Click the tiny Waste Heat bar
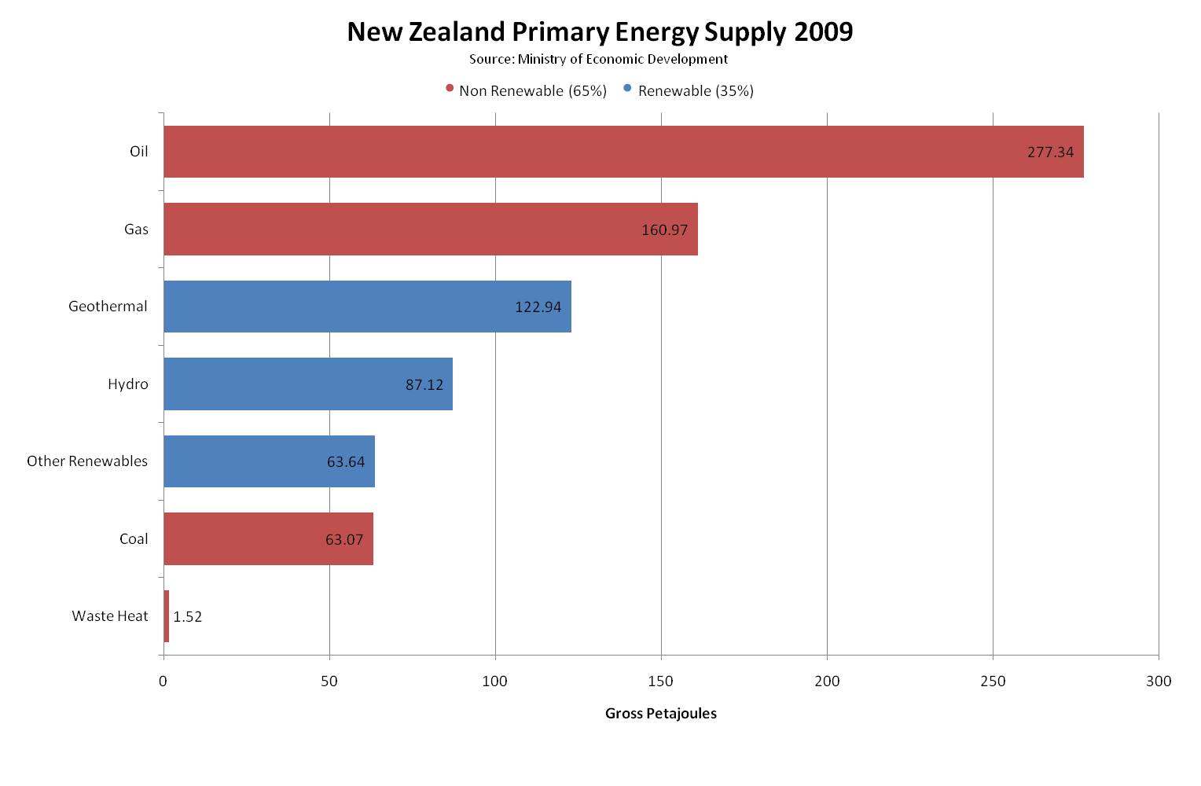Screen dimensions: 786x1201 click(166, 616)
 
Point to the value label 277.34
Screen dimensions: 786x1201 click(1050, 152)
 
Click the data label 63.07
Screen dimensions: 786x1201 click(344, 539)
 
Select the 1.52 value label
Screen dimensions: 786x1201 click(188, 617)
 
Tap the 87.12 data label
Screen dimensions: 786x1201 click(424, 385)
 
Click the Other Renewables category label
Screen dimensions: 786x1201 click(87, 461)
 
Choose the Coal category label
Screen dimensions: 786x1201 click(134, 539)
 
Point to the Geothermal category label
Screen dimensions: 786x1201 click(108, 307)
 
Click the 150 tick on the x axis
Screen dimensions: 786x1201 click(661, 681)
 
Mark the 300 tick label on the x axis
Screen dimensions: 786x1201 click(1159, 681)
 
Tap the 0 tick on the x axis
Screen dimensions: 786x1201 click(163, 681)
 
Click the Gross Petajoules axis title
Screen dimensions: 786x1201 click(660, 714)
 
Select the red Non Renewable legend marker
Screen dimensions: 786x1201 click(450, 89)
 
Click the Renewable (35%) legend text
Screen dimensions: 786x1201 click(696, 91)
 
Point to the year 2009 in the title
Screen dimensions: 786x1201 click(823, 32)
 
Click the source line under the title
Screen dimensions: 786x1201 click(599, 59)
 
